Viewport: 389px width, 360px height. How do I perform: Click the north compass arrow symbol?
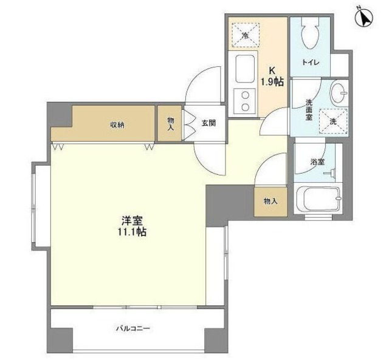coord(365,18)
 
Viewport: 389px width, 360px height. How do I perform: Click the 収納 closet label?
coord(117,124)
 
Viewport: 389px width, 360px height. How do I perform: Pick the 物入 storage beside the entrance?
coord(170,124)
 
